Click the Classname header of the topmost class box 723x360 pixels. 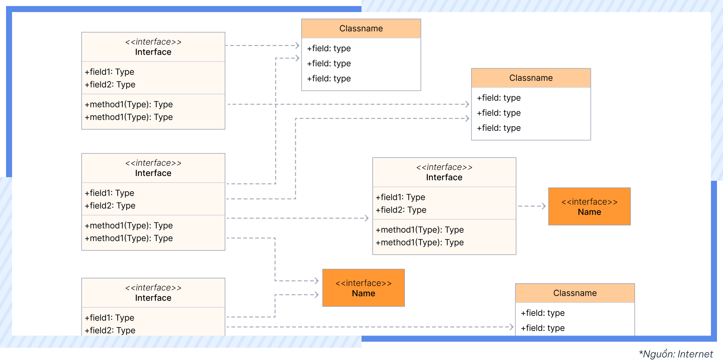point(361,29)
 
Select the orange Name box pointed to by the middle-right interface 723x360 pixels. point(589,207)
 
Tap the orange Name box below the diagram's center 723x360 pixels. point(364,288)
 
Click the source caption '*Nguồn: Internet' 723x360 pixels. point(676,354)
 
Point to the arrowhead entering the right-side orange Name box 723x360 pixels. point(544,206)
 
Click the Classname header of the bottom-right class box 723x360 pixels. point(575,293)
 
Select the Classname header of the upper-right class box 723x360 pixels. point(531,78)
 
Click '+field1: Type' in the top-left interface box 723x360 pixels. point(110,72)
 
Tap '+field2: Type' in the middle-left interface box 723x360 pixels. point(110,206)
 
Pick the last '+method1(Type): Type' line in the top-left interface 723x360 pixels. point(129,117)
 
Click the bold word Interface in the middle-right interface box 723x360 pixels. point(444,178)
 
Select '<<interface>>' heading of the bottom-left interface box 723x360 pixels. point(153,288)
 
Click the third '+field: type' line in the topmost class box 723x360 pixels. point(329,79)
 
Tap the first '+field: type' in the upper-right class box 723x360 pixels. point(498,98)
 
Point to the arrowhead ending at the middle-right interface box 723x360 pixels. point(366,218)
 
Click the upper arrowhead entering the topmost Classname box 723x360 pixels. point(297,45)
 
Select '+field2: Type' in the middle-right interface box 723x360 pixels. point(401,210)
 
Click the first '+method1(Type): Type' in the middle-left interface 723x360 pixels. point(129,226)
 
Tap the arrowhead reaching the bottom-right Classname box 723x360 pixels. point(511,327)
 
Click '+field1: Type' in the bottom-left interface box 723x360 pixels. point(110,318)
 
